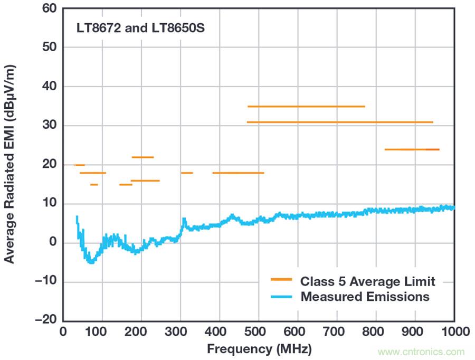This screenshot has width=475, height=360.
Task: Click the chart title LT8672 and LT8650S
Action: coord(140,29)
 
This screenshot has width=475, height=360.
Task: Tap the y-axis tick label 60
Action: coord(49,9)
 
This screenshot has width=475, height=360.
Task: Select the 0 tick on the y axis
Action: coord(53,243)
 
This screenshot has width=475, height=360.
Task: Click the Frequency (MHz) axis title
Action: coord(259,349)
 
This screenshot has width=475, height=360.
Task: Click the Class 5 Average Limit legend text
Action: coord(368,281)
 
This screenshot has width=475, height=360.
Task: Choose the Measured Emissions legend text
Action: coord(365,297)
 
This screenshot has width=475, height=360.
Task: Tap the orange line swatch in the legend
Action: coord(281,280)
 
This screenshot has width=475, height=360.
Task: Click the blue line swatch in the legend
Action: coord(281,297)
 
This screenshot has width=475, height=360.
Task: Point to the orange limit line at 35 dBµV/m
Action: coord(306,107)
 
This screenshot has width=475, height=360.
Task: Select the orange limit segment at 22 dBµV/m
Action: coord(142,157)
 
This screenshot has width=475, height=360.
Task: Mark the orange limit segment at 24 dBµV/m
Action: coord(412,149)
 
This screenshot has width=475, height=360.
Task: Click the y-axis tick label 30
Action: coord(49,126)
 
